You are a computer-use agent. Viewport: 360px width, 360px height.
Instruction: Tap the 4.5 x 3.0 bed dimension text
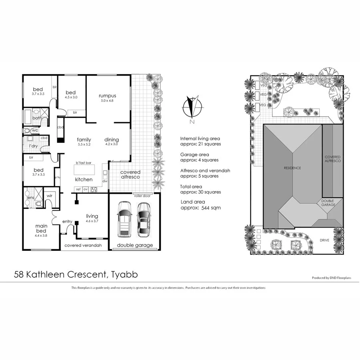(74, 97)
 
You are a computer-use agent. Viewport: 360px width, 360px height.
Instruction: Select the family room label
(84, 140)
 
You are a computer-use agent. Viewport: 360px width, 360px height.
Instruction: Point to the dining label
(112, 140)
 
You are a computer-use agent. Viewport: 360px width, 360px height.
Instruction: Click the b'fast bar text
(84, 163)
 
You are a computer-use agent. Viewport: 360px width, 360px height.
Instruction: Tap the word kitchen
(84, 180)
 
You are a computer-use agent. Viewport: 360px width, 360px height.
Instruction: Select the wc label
(35, 130)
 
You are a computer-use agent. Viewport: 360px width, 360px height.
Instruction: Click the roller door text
(142, 196)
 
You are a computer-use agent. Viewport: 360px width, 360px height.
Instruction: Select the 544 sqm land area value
(211, 208)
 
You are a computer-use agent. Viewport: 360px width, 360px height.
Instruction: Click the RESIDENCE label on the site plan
(292, 168)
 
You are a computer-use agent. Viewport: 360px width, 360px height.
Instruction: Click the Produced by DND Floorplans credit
(331, 278)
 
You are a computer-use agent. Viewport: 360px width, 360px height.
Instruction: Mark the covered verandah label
(83, 245)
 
